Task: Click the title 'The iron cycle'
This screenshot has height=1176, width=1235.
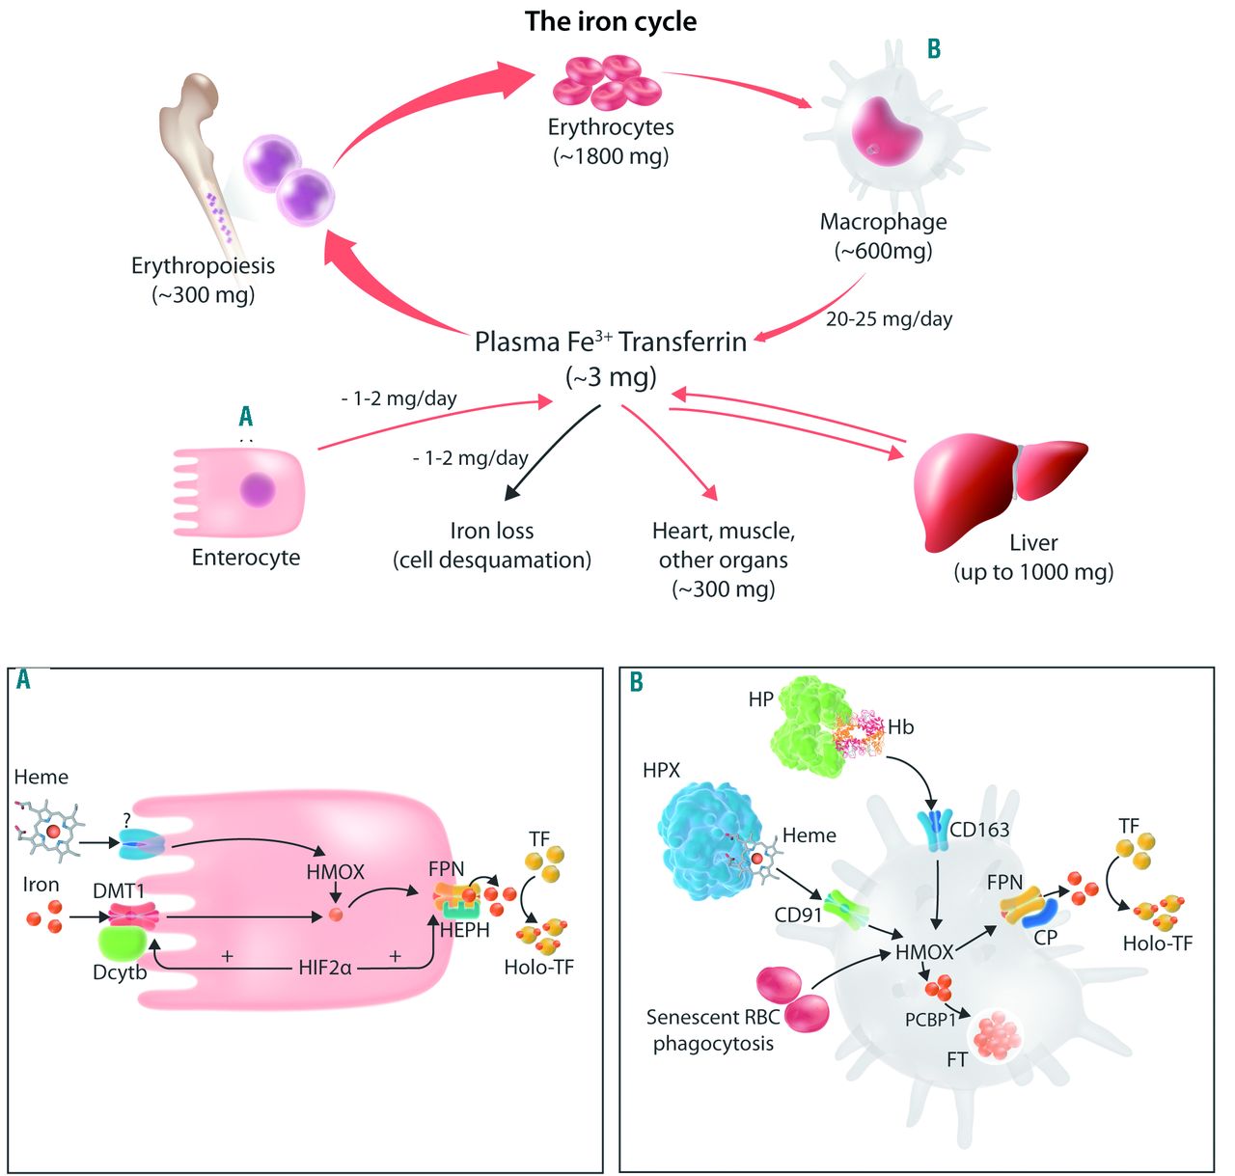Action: point(611,21)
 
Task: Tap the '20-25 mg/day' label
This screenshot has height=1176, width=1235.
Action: point(889,319)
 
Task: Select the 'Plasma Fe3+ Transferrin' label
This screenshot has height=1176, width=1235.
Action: point(610,342)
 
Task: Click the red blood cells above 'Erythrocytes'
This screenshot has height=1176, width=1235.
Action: point(607,81)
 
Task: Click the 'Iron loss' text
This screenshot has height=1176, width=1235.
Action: point(491,531)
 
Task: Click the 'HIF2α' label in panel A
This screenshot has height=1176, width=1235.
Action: point(324,967)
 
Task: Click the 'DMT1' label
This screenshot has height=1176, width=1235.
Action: point(119,891)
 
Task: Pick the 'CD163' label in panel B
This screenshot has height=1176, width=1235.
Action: point(979,829)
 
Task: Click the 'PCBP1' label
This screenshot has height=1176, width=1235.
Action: point(930,1019)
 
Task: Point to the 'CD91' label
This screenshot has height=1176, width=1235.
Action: point(798,915)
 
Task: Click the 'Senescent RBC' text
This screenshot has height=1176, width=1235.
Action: point(712,1017)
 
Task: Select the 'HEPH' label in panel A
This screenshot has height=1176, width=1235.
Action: point(464,930)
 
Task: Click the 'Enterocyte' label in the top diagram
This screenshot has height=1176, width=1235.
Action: point(246,558)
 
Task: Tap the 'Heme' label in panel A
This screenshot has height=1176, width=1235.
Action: point(41,777)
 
